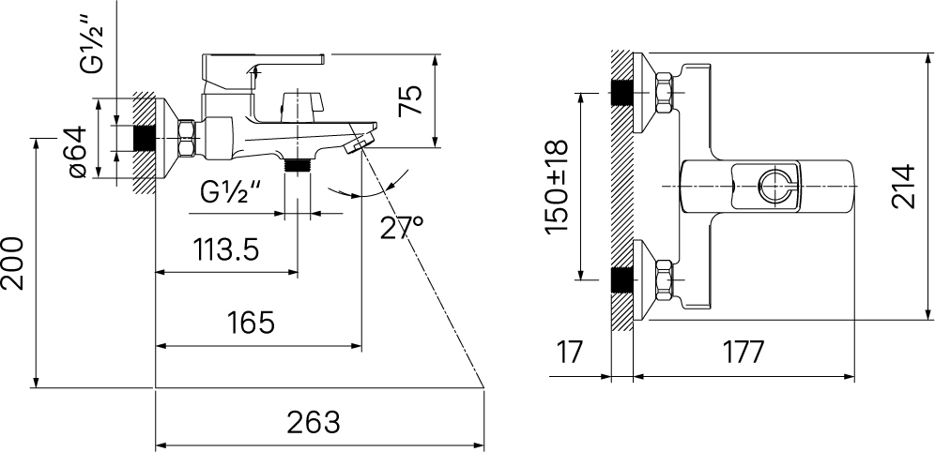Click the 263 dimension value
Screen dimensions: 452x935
coord(314,422)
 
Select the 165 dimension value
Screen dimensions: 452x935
coord(251,324)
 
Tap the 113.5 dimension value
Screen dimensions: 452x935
coord(226,250)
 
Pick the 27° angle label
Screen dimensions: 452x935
coord(403,228)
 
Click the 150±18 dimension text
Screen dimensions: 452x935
coord(556,187)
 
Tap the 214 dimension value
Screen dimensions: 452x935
coord(902,187)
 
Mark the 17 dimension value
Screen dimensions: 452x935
coord(570,353)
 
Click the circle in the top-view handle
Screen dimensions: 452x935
coord(775,187)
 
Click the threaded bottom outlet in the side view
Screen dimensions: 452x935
coord(298,165)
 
